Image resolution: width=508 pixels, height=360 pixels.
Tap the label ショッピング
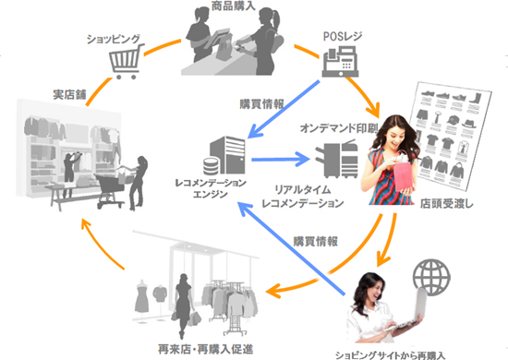click(x=114, y=39)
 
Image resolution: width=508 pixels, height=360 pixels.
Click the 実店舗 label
click(x=70, y=95)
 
